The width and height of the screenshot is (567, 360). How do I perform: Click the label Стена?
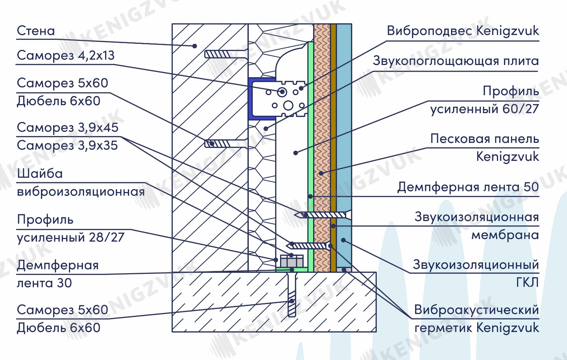click(x=36, y=31)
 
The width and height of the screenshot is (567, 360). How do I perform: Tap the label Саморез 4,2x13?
click(x=66, y=55)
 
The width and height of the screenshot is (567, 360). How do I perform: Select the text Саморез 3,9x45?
click(x=68, y=127)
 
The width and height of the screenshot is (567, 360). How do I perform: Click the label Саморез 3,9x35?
click(x=68, y=145)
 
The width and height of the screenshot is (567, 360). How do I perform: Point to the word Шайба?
click(x=40, y=174)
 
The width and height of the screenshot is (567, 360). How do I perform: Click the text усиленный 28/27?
click(x=71, y=237)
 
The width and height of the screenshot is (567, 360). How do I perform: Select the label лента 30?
click(x=44, y=283)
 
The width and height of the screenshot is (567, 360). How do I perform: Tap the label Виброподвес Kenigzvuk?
click(x=463, y=31)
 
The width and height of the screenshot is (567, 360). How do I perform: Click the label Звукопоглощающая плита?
click(x=456, y=61)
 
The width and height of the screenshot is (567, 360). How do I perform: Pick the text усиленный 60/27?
click(x=484, y=109)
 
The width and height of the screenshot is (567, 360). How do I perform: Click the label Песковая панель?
click(x=485, y=139)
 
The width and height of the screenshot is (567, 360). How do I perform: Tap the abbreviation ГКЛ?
click(x=528, y=282)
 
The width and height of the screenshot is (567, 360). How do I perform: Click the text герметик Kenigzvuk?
click(x=477, y=328)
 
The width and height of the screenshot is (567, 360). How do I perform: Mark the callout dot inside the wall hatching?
click(x=194, y=46)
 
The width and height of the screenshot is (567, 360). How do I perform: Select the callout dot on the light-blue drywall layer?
click(x=343, y=240)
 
